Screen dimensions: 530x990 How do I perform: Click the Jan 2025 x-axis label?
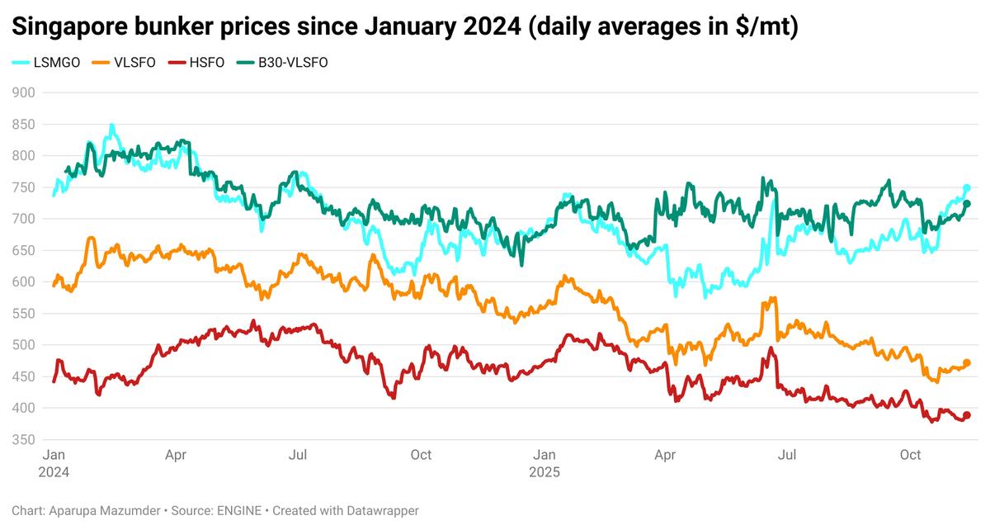[544, 464]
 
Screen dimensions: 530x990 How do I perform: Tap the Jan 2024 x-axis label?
[54, 464]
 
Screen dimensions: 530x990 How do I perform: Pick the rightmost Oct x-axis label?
[910, 455]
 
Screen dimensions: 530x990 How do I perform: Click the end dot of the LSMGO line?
[967, 188]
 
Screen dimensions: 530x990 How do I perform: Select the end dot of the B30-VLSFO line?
[967, 204]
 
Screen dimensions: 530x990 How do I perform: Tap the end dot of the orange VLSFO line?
[967, 362]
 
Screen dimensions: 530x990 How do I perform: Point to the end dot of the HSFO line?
[967, 415]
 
